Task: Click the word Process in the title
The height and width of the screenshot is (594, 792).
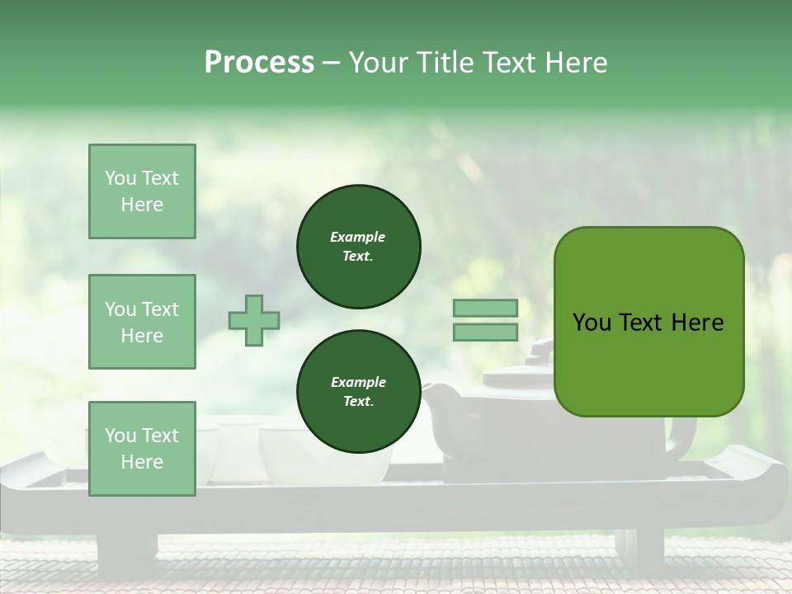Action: click(259, 63)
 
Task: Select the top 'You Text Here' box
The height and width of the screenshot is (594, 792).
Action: click(142, 191)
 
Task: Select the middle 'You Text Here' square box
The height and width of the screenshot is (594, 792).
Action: click(142, 322)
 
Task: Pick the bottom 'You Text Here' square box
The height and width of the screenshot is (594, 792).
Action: click(142, 448)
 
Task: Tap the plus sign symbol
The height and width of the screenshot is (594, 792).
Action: click(254, 320)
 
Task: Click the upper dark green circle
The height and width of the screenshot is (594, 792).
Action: click(358, 247)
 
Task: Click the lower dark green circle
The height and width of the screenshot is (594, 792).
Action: click(358, 392)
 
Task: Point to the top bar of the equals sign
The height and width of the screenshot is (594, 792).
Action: click(486, 309)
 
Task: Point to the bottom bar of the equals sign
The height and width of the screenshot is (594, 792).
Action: click(486, 332)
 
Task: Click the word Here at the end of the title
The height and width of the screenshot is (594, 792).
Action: click(577, 63)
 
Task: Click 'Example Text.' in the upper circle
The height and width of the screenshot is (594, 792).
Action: click(358, 247)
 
